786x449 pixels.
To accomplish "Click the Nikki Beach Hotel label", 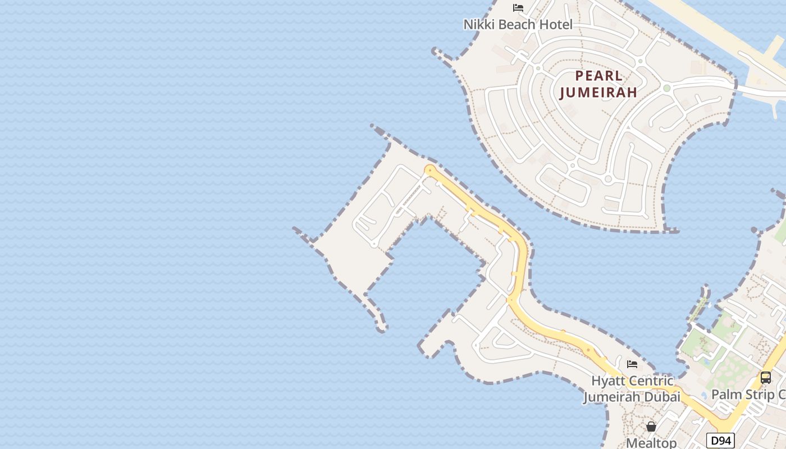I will coord(518,25).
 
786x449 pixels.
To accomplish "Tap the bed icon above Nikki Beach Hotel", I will coord(518,8).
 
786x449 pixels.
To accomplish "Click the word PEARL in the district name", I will coord(599,76).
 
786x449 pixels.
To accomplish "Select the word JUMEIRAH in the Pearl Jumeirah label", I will coord(598,93).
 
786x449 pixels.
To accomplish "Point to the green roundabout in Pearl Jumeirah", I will coord(666,88).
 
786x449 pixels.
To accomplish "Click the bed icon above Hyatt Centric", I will coord(632,364).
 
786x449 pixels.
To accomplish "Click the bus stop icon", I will coord(766,378).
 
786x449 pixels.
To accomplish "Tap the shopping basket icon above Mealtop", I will coord(651,427).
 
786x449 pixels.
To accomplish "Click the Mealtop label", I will coord(651,443).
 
